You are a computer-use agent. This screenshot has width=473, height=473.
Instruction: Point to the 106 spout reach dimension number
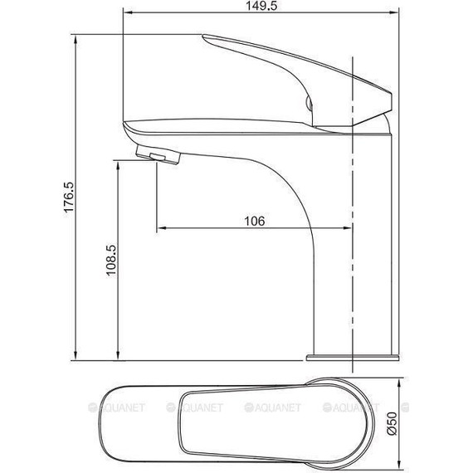click(x=254, y=221)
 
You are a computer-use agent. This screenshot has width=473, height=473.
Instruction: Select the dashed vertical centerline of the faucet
click(x=355, y=249)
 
